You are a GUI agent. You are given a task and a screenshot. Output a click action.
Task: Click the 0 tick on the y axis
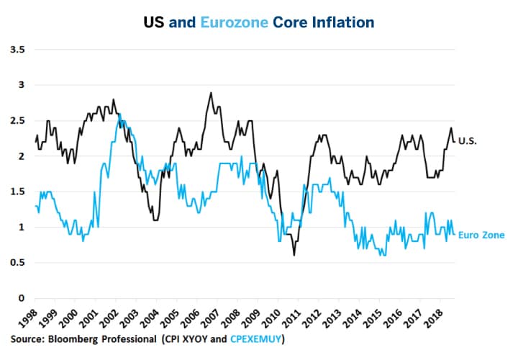point(21,298)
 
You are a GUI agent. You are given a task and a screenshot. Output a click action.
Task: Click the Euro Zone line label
point(481,234)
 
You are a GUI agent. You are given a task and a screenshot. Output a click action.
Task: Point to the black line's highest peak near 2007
point(211,93)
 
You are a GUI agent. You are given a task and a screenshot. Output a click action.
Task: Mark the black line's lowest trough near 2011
point(294,255)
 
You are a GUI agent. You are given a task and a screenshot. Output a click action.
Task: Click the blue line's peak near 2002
point(119,114)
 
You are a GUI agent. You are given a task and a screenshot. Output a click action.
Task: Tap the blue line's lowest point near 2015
point(385,255)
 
